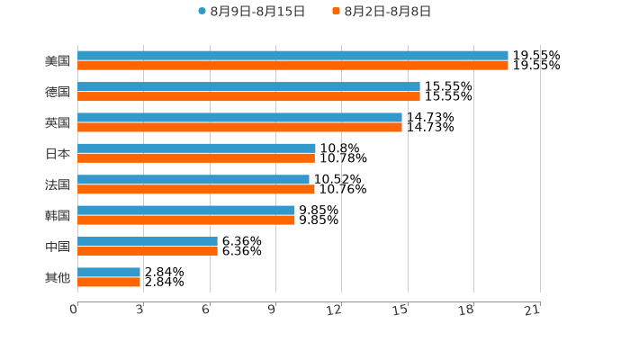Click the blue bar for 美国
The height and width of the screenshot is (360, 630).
pyautogui.click(x=292, y=56)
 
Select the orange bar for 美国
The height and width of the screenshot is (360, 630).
pyautogui.click(x=292, y=66)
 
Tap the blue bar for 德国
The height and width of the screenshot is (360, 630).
pyautogui.click(x=248, y=86)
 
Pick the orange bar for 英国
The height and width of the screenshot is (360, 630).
pyautogui.click(x=239, y=127)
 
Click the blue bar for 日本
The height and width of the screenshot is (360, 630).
pyautogui.click(x=196, y=148)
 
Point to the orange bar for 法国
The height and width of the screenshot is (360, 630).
pyautogui.click(x=196, y=189)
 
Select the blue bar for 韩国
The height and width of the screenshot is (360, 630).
pyautogui.click(x=186, y=210)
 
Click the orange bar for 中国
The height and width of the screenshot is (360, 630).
pyautogui.click(x=148, y=251)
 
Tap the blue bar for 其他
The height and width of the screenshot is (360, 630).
pyautogui.click(x=109, y=272)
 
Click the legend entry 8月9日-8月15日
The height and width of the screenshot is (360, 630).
pyautogui.click(x=252, y=12)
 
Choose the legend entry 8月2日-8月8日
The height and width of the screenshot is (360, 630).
pyautogui.click(x=382, y=12)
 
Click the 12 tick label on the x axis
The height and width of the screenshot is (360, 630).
pyautogui.click(x=335, y=310)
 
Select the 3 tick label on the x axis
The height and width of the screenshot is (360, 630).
pyautogui.click(x=140, y=310)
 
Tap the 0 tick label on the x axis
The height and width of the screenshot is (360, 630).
pyautogui.click(x=74, y=310)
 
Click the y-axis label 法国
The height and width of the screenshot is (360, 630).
pyautogui.click(x=58, y=184)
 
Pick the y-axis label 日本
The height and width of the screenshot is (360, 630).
pyautogui.click(x=58, y=153)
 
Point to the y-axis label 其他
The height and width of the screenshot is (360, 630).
pyautogui.click(x=58, y=277)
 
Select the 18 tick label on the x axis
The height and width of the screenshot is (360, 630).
pyautogui.click(x=467, y=310)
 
